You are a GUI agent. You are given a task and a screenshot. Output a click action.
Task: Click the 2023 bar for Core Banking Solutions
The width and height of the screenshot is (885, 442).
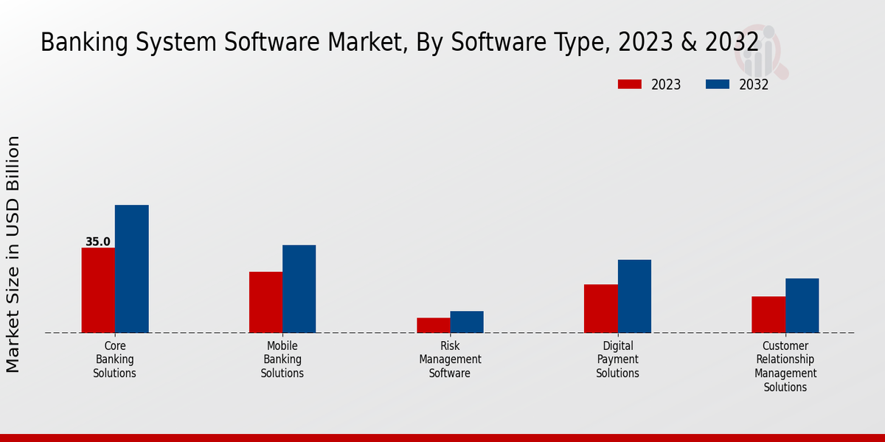coord(98,290)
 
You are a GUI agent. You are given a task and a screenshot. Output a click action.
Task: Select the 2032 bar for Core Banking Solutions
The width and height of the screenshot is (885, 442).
coord(131,269)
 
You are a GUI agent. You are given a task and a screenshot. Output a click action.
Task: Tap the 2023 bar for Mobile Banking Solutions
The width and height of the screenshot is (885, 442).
coord(265,302)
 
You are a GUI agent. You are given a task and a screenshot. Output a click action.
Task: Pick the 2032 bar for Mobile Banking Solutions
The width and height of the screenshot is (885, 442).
coord(299,289)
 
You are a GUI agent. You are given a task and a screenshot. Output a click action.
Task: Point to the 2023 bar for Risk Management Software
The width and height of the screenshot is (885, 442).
coord(433,325)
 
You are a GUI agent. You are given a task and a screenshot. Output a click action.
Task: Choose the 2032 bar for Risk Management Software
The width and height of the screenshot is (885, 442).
coord(467,322)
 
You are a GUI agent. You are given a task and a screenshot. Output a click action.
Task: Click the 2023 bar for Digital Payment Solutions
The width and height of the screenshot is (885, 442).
coord(600,309)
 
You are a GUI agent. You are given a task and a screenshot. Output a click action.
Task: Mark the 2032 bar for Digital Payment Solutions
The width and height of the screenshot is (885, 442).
coord(634,296)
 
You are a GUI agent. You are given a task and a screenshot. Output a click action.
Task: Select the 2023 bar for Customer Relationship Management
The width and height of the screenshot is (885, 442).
coord(768,315)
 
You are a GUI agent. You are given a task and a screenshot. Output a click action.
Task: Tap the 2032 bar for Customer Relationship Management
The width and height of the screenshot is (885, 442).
coord(802,306)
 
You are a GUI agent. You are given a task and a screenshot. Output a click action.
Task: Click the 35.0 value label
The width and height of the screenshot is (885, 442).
coord(98,242)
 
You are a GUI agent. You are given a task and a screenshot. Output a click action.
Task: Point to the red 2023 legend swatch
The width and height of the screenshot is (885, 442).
coord(630,85)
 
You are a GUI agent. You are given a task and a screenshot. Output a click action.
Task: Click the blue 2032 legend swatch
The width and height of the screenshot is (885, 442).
coord(717,85)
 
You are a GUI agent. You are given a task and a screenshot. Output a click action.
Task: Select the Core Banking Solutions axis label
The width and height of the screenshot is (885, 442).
coord(114,359)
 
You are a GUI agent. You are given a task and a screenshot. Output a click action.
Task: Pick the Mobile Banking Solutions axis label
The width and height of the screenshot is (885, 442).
coord(282,359)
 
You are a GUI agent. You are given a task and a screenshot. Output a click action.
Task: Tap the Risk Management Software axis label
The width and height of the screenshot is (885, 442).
coord(450,359)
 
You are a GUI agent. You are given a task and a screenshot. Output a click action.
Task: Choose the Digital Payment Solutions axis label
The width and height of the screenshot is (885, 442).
coord(617,359)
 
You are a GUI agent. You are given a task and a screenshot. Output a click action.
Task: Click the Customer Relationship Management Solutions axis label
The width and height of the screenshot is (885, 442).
coord(785,366)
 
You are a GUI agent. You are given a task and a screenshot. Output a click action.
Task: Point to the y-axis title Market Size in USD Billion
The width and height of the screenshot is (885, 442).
coord(13,254)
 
